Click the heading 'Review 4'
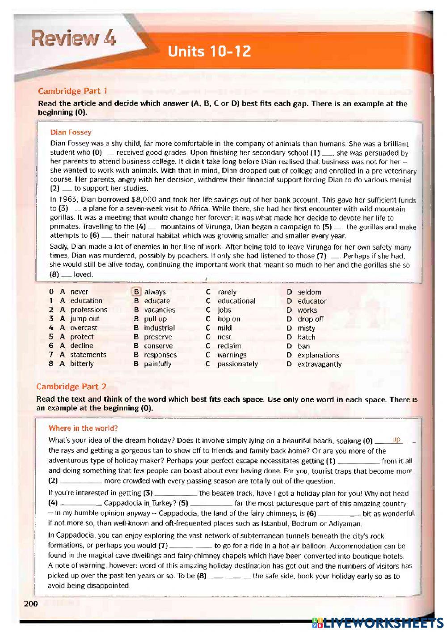73,40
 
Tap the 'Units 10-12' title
209,52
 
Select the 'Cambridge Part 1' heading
72,91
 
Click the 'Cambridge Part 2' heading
71,386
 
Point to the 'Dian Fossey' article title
71,132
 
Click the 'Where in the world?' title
83,428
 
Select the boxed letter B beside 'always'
137,292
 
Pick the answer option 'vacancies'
159,310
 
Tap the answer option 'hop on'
228,319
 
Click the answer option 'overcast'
84,328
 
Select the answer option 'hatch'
306,337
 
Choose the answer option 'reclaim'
229,346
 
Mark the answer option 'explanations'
318,355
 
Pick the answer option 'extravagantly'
320,364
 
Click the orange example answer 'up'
396,440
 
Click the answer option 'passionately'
237,364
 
